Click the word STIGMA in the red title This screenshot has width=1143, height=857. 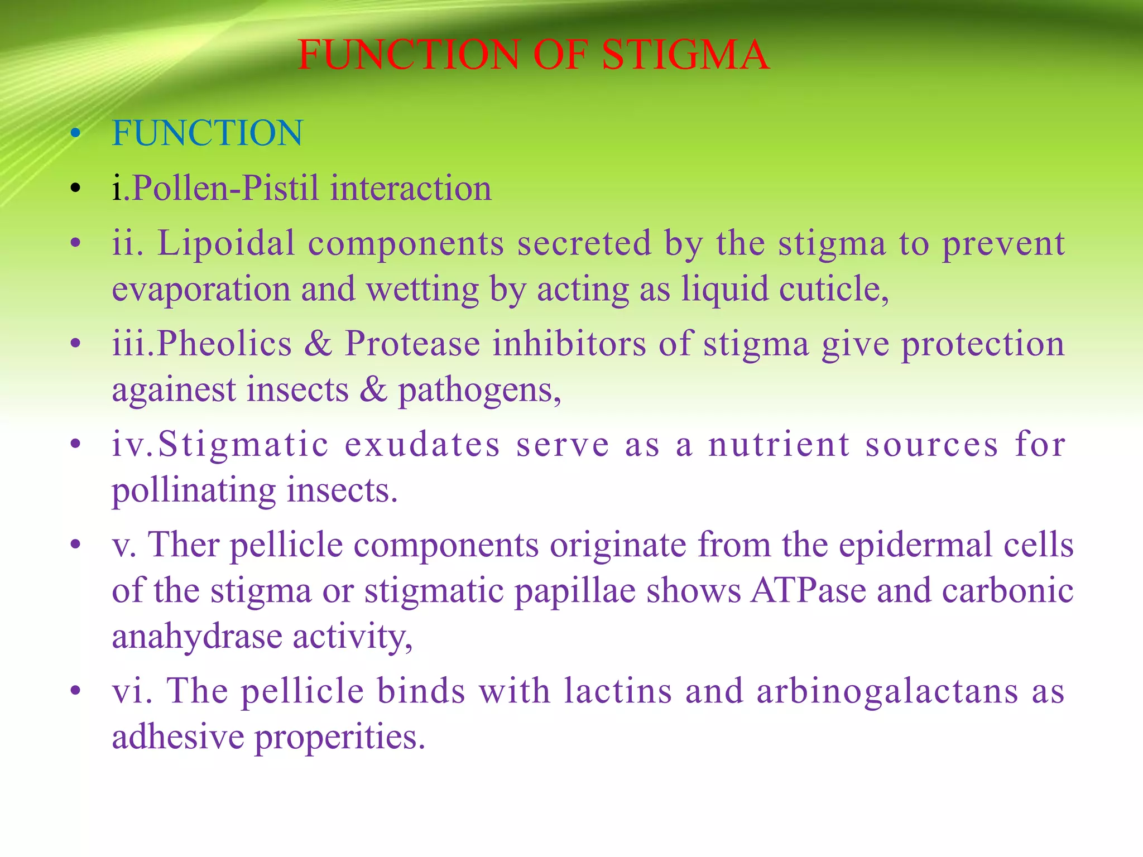(686, 55)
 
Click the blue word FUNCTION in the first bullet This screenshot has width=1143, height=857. (208, 133)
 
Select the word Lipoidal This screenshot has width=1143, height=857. (225, 244)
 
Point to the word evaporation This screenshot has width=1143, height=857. (201, 290)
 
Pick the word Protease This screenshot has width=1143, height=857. (412, 344)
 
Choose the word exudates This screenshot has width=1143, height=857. (422, 445)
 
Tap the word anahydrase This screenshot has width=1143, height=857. (197, 637)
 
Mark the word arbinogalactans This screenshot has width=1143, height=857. (888, 691)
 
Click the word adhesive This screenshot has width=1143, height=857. (178, 737)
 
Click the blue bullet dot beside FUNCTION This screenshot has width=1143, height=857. (76, 134)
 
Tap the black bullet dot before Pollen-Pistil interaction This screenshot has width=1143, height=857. (76, 189)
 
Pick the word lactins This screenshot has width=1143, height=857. (618, 691)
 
